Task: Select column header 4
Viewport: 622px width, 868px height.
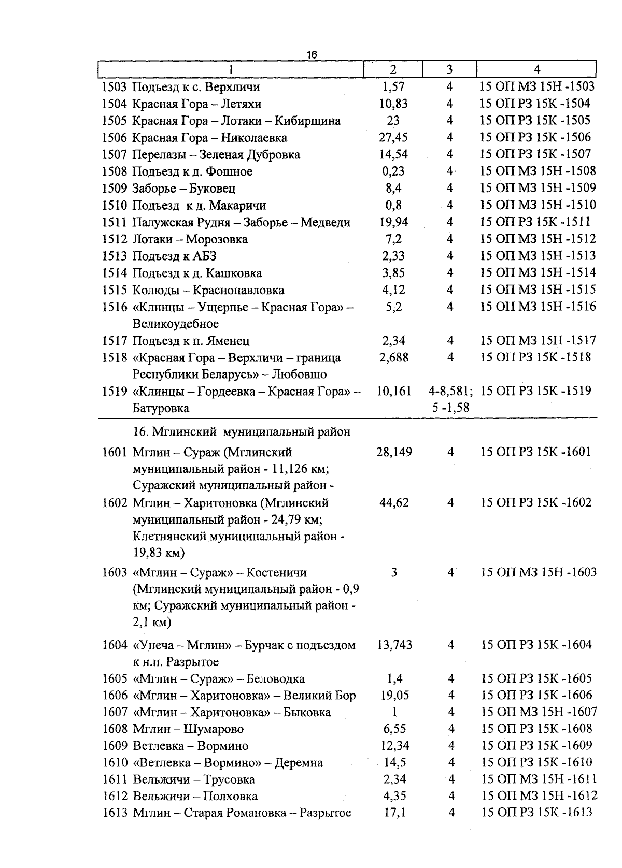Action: click(x=536, y=69)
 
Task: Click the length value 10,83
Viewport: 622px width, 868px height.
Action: click(x=393, y=104)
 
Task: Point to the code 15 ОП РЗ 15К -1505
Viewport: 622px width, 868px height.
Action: click(x=535, y=120)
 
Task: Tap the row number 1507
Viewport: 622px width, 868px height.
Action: click(x=115, y=155)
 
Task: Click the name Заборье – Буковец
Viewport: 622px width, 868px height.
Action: click(x=184, y=189)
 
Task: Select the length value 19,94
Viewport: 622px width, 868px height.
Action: click(x=393, y=222)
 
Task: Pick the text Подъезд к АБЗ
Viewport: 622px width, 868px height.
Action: click(x=174, y=256)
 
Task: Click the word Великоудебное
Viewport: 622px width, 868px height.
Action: click(x=176, y=324)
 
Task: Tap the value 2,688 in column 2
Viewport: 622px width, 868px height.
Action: click(x=393, y=357)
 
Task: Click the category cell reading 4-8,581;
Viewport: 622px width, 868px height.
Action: click(x=450, y=391)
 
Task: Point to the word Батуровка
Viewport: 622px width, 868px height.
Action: click(x=161, y=408)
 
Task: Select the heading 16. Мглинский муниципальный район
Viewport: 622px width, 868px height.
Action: click(x=242, y=431)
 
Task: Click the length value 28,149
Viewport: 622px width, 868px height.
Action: click(x=394, y=452)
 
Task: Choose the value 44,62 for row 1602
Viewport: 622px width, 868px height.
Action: click(x=394, y=502)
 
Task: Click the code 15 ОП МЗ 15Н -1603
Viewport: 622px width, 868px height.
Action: click(x=539, y=572)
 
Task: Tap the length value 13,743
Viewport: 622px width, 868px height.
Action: click(x=394, y=645)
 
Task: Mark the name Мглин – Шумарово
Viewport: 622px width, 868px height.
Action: click(x=188, y=729)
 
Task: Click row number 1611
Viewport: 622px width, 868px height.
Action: click(x=115, y=779)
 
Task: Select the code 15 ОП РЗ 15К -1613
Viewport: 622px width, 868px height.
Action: click(x=536, y=813)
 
